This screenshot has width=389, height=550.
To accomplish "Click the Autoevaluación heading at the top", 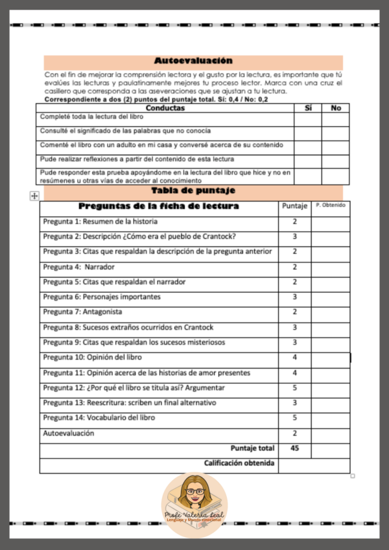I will (193, 61).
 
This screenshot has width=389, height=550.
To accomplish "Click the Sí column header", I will (307, 108).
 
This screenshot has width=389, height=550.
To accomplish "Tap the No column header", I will (335, 108).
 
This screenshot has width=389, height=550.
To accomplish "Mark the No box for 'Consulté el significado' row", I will (335, 132).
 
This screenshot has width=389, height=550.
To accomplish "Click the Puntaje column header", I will (294, 207).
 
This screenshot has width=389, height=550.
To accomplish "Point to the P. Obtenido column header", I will (330, 206).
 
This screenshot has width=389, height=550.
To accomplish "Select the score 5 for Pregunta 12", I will (294, 388).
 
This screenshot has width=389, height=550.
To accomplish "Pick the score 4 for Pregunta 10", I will (294, 358).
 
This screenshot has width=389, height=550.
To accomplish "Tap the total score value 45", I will (294, 448).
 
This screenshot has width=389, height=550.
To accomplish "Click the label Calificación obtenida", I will (239, 463).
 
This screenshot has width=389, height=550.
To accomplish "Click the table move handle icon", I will (34, 196).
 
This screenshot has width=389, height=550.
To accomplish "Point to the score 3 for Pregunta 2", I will (294, 236).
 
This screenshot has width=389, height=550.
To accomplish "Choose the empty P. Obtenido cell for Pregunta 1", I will (330, 222).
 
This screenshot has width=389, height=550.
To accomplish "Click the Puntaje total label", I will (252, 448).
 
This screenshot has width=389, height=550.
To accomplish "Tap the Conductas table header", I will (166, 108).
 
